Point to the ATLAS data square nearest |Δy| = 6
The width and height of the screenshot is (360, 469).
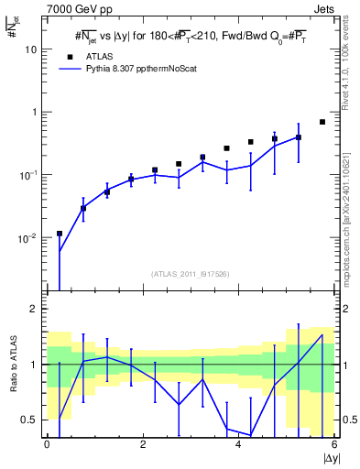click(x=322, y=122)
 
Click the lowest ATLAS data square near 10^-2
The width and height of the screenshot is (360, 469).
click(x=60, y=234)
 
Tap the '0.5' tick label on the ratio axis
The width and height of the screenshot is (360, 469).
click(x=29, y=420)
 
